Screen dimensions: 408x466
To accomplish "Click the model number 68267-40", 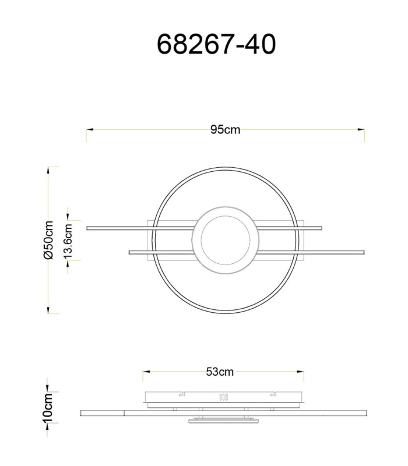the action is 216,44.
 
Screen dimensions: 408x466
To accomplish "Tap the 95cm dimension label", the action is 225,129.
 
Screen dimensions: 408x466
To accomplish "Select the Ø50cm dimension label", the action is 48,240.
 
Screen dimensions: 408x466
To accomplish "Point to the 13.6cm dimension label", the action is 68,241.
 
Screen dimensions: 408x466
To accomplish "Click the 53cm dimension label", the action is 220,372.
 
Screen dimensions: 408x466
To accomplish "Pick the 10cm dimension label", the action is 48,407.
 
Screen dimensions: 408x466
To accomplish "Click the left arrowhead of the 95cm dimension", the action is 90,129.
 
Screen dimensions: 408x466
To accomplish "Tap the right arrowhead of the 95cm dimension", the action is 361,129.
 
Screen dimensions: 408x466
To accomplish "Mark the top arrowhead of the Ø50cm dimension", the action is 48,171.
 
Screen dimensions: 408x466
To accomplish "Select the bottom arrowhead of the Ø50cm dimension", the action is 48,310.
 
